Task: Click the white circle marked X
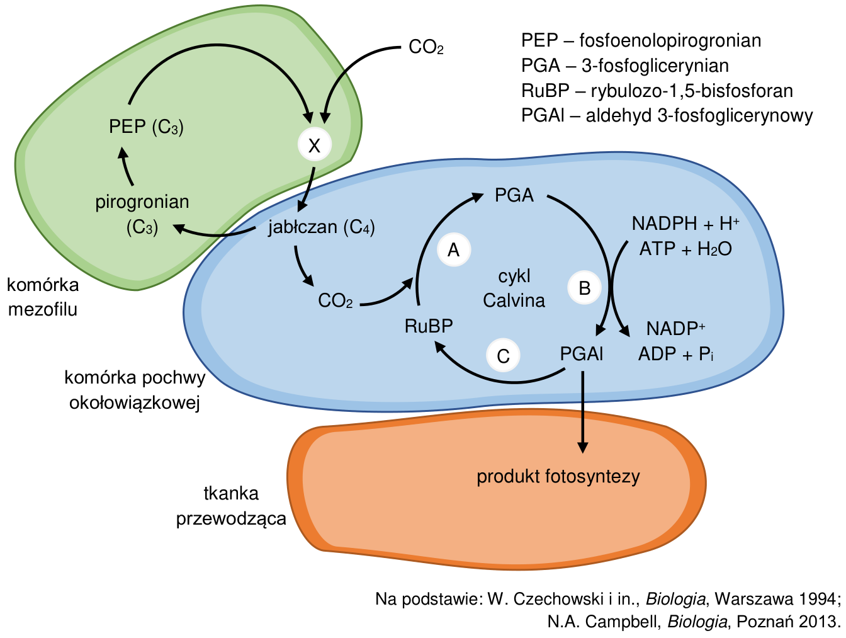pyautogui.click(x=315, y=144)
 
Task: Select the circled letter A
pyautogui.click(x=454, y=249)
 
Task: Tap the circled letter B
pyautogui.click(x=584, y=287)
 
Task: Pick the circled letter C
pyautogui.click(x=503, y=355)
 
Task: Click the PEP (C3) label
pyautogui.click(x=146, y=127)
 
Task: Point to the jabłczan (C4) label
pyautogui.click(x=322, y=227)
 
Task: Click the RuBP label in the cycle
pyautogui.click(x=429, y=326)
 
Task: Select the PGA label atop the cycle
pyautogui.click(x=514, y=195)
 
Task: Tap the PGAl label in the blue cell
pyautogui.click(x=581, y=353)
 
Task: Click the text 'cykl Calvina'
pyautogui.click(x=514, y=288)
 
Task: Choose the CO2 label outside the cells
pyautogui.click(x=426, y=47)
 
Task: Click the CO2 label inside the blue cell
pyautogui.click(x=336, y=300)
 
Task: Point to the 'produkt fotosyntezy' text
pyautogui.click(x=558, y=477)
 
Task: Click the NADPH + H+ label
pyautogui.click(x=685, y=224)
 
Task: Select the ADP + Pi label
pyautogui.click(x=676, y=354)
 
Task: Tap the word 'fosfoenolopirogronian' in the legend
pyautogui.click(x=670, y=40)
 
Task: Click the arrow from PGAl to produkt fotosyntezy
pyautogui.click(x=582, y=412)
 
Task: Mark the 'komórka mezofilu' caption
pyautogui.click(x=43, y=297)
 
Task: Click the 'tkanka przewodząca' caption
pyautogui.click(x=231, y=506)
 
